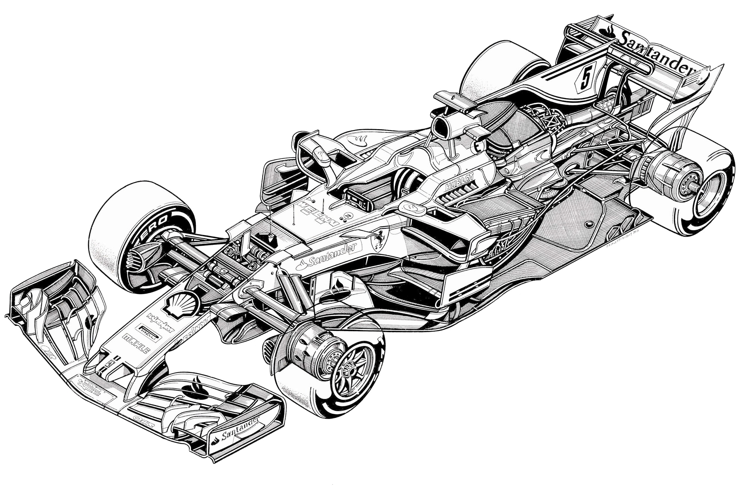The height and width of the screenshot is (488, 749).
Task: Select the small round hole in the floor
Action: [x=589, y=224]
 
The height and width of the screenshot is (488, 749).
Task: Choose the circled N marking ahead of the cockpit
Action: [x=348, y=215]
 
